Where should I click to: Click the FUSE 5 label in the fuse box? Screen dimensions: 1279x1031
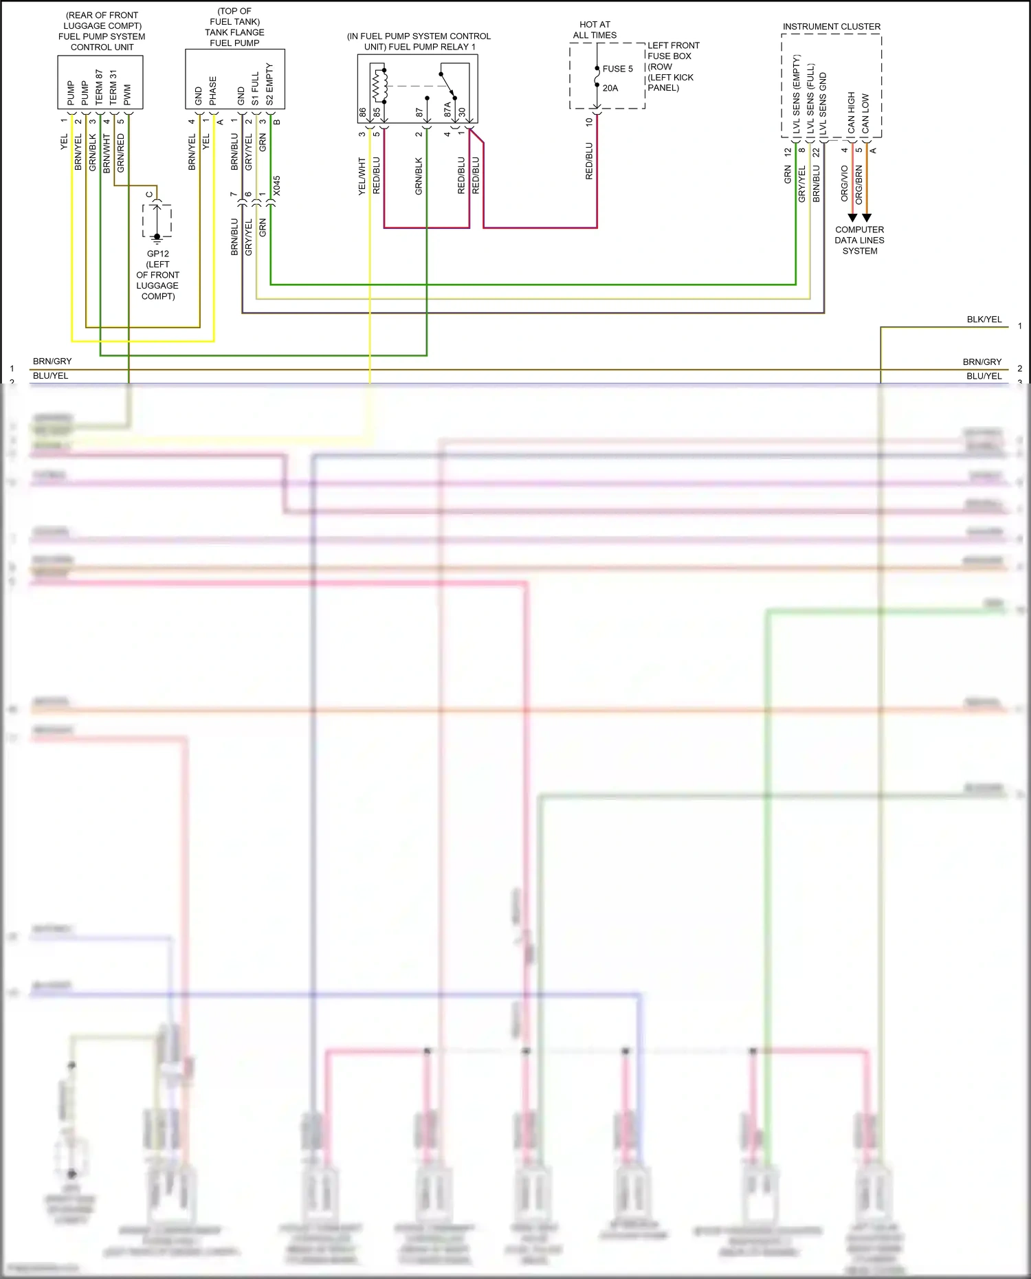(x=617, y=69)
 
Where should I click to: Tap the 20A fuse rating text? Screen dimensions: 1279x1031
(x=610, y=88)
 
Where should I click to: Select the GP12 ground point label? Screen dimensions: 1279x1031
(x=157, y=254)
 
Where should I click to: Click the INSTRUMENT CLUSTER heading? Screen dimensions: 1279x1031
(x=832, y=27)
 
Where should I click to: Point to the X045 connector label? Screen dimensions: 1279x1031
(x=277, y=186)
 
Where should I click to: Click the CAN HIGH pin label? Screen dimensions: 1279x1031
(x=852, y=112)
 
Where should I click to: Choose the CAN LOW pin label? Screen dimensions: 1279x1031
(x=865, y=113)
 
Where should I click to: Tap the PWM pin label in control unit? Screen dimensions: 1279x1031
(x=128, y=95)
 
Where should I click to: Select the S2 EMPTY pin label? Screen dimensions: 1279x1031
(x=269, y=84)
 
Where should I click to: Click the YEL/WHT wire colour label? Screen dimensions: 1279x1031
(x=362, y=177)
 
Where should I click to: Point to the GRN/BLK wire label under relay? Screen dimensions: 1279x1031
(x=419, y=177)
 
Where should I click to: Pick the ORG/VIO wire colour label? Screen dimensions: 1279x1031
(x=845, y=183)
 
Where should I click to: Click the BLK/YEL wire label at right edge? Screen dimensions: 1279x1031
(x=984, y=320)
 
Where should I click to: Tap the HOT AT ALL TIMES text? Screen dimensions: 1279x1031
(x=595, y=30)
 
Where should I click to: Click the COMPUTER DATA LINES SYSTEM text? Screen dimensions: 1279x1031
(x=860, y=241)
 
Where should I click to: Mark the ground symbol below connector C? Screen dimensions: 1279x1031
(x=157, y=238)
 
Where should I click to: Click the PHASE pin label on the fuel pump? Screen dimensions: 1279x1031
(x=213, y=91)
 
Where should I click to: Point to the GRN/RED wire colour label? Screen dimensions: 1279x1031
(x=121, y=153)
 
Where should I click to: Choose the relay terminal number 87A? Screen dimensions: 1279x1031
(x=447, y=109)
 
